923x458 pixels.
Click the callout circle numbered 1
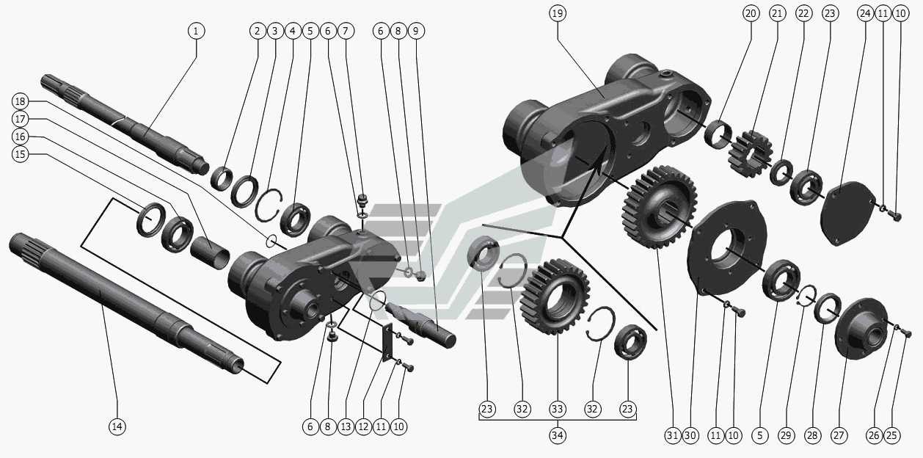click(x=196, y=31)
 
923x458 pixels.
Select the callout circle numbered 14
click(x=117, y=426)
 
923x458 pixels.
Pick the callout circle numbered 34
click(x=557, y=435)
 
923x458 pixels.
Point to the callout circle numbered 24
click(x=864, y=13)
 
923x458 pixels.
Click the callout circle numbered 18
click(x=21, y=101)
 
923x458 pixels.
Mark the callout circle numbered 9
click(x=416, y=31)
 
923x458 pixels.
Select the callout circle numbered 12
click(x=363, y=426)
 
